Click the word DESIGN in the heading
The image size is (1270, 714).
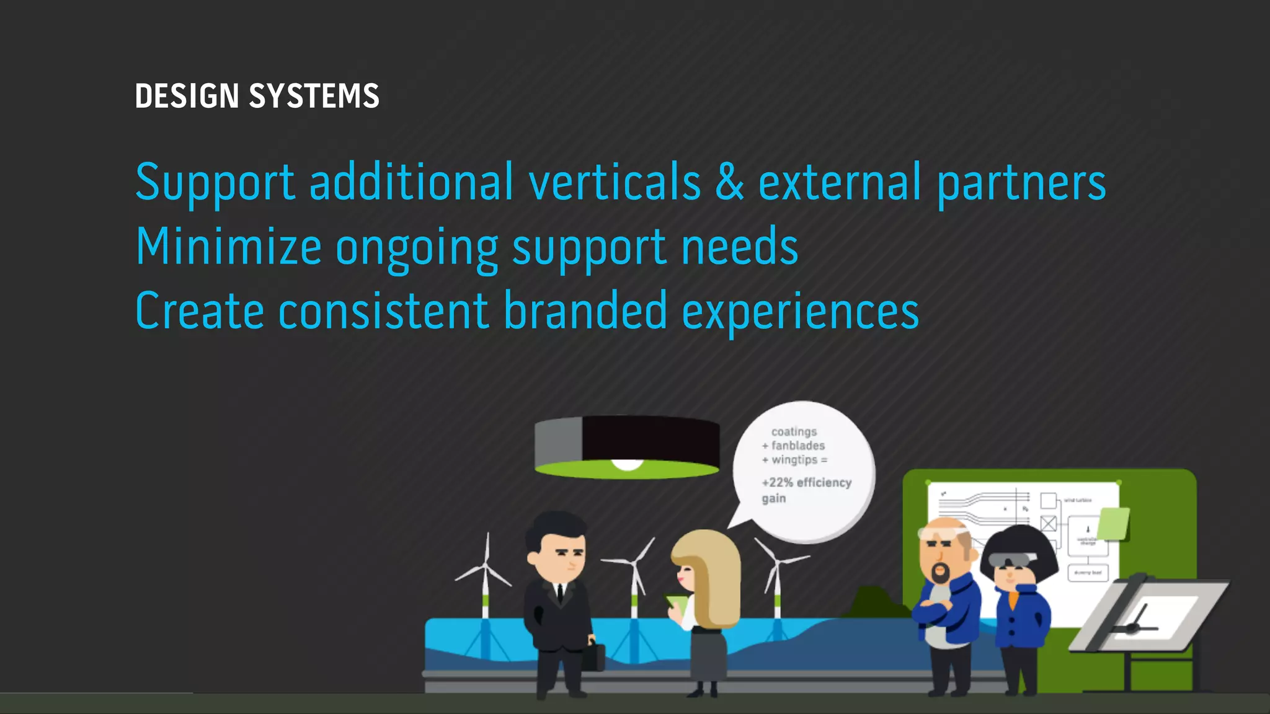[x=187, y=97]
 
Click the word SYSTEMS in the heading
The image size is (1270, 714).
[x=314, y=97]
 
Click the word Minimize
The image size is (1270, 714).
[x=228, y=247]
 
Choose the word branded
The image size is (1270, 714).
[x=585, y=311]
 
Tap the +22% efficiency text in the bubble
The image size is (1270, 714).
[x=806, y=483]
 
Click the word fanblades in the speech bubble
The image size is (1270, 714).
[x=798, y=446]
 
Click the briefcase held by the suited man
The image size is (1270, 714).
[x=593, y=658]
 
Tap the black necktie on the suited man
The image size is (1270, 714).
[x=560, y=593]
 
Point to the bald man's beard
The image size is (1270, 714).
[x=941, y=572]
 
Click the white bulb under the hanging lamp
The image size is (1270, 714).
[x=627, y=464]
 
